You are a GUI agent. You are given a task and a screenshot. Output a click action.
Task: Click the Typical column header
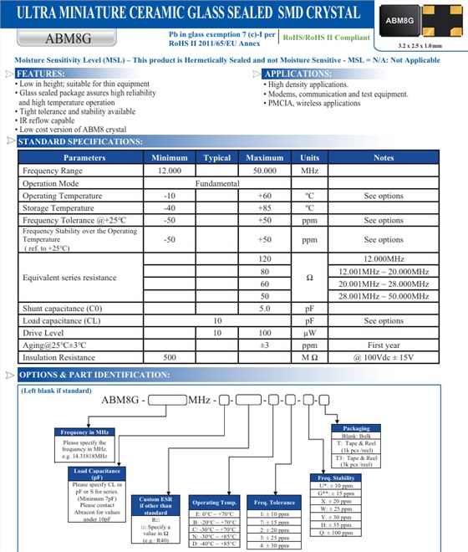[x=217, y=157]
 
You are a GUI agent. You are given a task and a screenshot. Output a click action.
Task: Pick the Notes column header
[x=384, y=157]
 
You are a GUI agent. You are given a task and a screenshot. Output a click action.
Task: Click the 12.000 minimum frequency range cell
[x=170, y=171]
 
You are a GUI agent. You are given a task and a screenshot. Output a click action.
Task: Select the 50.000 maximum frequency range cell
[x=264, y=171]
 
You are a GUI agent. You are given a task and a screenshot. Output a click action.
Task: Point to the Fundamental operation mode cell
[x=217, y=183]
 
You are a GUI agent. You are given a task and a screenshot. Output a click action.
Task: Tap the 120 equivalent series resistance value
[x=265, y=259]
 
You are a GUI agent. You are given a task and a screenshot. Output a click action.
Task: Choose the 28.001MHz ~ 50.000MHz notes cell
[x=384, y=296]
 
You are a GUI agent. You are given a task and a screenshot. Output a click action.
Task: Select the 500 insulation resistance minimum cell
[x=170, y=357]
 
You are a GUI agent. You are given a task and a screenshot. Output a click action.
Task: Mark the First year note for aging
[x=384, y=345]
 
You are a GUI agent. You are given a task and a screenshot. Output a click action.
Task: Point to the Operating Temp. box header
[x=215, y=503]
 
